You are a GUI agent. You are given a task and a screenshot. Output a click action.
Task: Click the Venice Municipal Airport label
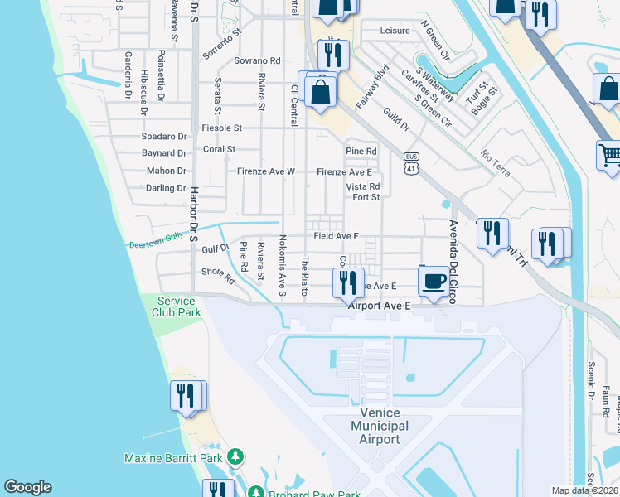(x=380, y=426)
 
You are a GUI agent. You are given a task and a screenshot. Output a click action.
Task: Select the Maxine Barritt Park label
(x=174, y=457)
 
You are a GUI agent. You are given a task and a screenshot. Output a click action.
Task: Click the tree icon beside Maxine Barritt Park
(x=235, y=457)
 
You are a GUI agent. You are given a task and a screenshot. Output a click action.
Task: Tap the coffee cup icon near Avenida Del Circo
(x=435, y=282)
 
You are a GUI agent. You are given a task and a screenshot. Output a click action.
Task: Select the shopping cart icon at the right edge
(x=610, y=155)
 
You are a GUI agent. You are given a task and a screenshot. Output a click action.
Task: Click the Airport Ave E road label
(x=380, y=306)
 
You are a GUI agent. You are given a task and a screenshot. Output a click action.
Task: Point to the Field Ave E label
(x=336, y=236)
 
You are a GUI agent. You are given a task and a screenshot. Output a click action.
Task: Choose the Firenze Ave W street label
(x=265, y=171)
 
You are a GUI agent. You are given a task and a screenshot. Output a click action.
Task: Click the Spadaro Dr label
(x=164, y=136)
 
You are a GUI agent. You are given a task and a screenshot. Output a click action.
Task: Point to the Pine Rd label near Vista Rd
(x=361, y=152)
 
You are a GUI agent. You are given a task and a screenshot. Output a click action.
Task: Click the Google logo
(x=27, y=487)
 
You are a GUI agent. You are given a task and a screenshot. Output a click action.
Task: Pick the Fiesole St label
(x=221, y=128)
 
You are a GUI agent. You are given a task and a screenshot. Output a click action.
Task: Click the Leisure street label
(x=395, y=31)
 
